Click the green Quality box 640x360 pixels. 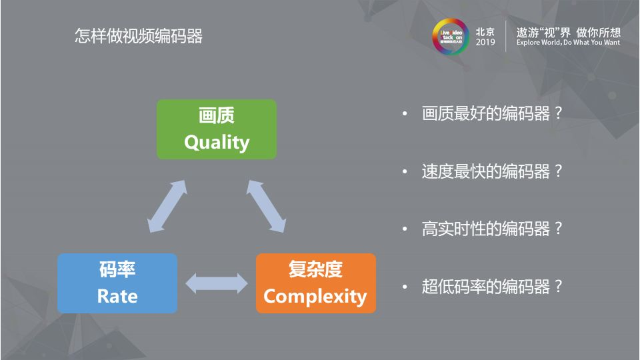coord(216,129)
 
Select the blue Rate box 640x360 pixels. coord(117,283)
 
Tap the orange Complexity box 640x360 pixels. coord(315,283)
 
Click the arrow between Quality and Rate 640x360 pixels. coord(167,206)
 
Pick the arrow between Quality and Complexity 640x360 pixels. coord(267,206)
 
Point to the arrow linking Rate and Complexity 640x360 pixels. coord(216,283)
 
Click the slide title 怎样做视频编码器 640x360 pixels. coord(138,36)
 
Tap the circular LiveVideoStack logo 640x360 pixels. coord(447,35)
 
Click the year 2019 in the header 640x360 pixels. coord(485,43)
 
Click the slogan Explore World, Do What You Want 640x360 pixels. coord(568,43)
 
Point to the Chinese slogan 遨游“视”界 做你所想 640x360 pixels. coord(568,31)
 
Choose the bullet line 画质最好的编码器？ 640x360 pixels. coord(492,113)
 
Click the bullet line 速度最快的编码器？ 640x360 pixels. coord(492,171)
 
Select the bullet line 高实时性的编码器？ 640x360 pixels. coord(492,229)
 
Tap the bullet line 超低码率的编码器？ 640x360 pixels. coord(492,287)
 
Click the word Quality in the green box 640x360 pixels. coord(217,142)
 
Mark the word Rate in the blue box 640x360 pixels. coord(117,295)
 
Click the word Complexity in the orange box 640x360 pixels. coord(315,296)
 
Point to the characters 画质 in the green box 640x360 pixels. coord(217,117)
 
